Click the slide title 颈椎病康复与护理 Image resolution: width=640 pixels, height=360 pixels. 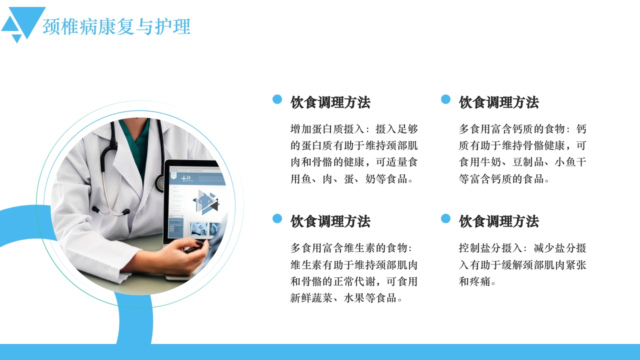(x=116, y=27)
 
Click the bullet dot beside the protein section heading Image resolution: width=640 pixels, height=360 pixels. (x=277, y=99)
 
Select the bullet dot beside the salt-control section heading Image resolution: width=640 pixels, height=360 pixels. (x=446, y=218)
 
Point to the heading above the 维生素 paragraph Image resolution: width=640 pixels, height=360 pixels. (x=330, y=221)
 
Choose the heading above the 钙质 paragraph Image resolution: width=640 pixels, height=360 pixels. (x=499, y=102)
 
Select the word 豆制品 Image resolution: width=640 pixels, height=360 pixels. (x=534, y=162)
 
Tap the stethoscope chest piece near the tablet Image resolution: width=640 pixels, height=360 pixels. (x=159, y=183)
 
